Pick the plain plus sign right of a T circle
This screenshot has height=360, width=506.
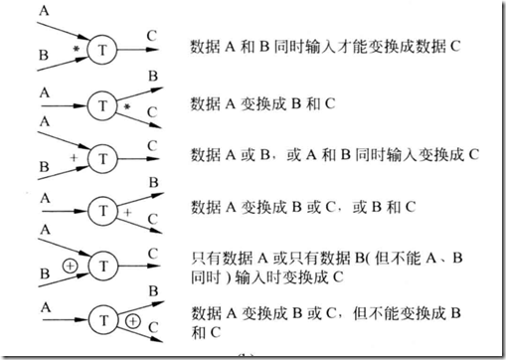coord(127,213)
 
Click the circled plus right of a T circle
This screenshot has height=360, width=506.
coord(131,321)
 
